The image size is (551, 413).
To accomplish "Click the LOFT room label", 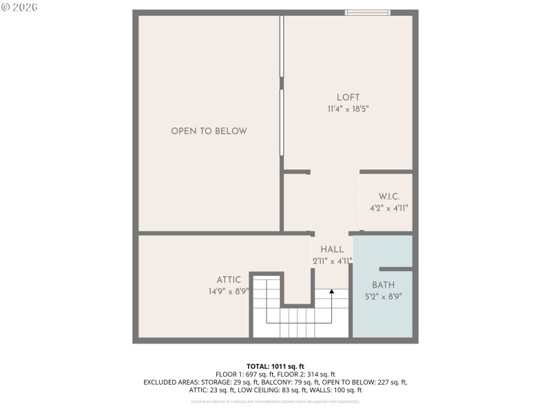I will tap(348, 97).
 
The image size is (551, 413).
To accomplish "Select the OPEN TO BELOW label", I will tap(209, 131).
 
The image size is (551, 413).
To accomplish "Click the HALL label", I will tap(332, 249).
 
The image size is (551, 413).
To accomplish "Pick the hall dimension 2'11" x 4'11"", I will tap(331, 261).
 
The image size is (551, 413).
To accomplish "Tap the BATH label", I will tap(384, 285).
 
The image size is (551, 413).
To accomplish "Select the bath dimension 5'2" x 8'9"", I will tap(384, 297).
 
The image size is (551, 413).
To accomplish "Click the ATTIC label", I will tap(229, 279).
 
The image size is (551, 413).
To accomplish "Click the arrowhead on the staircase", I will tap(331, 292).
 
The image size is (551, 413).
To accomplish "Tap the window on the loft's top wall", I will tap(367, 12).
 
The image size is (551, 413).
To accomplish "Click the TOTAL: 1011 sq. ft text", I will tap(275, 366).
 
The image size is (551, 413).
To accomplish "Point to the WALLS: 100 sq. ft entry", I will tap(337, 390).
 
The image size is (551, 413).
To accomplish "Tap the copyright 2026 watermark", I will tap(19, 7).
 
